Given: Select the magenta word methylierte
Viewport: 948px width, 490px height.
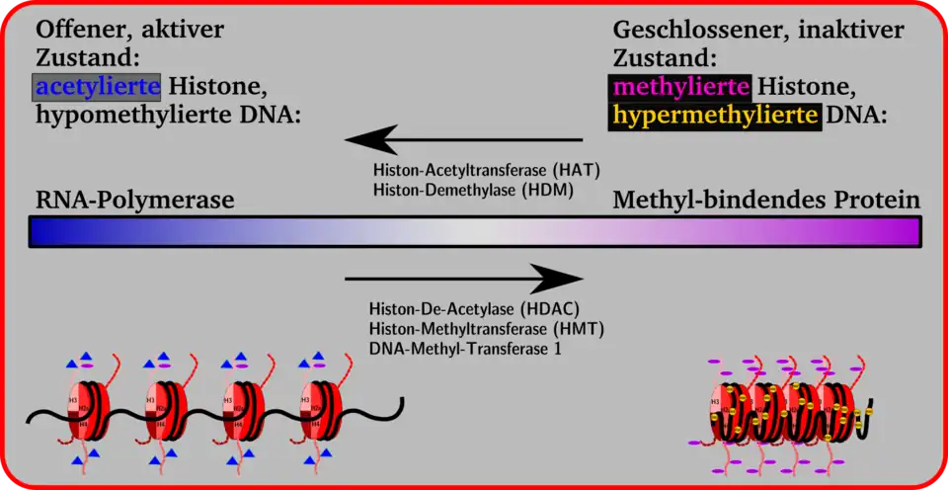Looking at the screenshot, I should click(679, 87).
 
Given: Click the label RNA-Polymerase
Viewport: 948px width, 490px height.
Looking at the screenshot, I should click(134, 201).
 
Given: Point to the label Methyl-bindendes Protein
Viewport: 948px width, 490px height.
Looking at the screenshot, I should click(766, 201).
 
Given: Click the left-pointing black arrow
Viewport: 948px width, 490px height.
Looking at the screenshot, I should click(464, 139).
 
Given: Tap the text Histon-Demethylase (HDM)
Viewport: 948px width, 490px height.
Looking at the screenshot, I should click(473, 188).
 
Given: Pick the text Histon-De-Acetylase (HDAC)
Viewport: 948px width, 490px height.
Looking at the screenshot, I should click(474, 308).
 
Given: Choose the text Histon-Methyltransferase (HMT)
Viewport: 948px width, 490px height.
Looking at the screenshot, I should click(486, 328).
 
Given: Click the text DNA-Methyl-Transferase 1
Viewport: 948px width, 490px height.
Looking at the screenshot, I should click(465, 348).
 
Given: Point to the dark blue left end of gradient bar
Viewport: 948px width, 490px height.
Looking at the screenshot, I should click(44, 231).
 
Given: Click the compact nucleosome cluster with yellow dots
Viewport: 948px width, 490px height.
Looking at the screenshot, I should click(790, 410).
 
